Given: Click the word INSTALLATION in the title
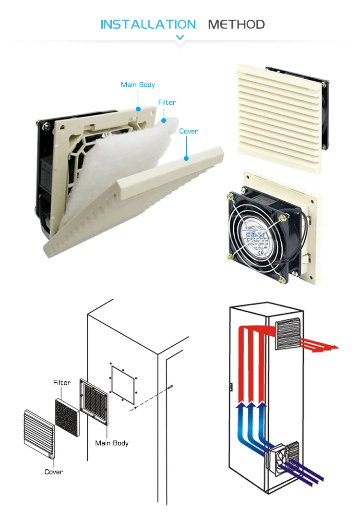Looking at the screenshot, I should click(x=148, y=24).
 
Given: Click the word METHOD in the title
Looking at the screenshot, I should click(x=236, y=24).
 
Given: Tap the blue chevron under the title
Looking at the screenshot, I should click(x=180, y=37).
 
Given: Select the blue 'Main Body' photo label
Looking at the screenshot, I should click(x=138, y=85).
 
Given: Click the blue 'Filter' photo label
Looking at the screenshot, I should click(x=167, y=102).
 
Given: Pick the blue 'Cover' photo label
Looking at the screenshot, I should click(x=188, y=131).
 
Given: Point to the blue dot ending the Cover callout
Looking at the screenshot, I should click(x=186, y=158).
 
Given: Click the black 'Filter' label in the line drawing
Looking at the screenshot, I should click(x=61, y=383).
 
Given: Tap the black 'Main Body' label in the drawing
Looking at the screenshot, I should click(x=112, y=443).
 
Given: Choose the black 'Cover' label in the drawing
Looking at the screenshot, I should click(x=54, y=472).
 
